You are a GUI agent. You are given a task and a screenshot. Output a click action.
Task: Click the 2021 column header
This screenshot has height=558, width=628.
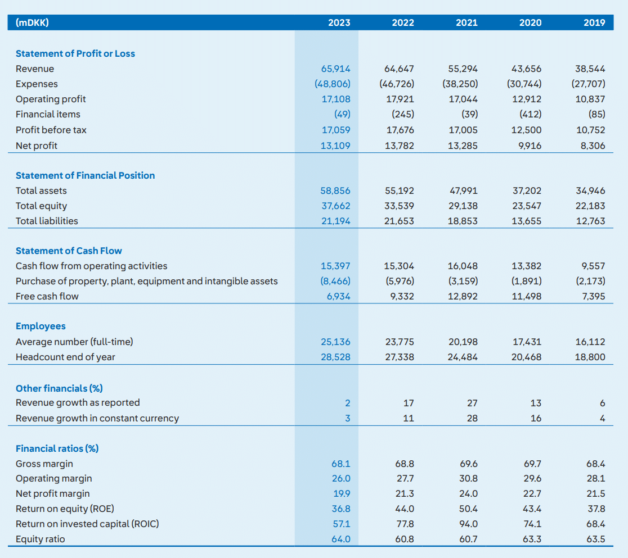[x=466, y=23]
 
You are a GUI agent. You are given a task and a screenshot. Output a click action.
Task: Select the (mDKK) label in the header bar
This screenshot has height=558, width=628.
[x=32, y=22]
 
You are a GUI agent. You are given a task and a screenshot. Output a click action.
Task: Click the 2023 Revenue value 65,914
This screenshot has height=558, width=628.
[x=335, y=69]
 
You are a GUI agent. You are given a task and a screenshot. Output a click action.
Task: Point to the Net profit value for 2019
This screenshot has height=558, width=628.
[x=593, y=146]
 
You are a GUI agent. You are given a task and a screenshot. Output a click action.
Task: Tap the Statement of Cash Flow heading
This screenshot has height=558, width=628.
[x=69, y=251]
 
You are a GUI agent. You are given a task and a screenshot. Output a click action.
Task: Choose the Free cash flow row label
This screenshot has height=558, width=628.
[x=47, y=296]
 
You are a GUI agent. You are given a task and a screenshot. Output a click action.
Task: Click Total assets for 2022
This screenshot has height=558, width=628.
[x=400, y=191]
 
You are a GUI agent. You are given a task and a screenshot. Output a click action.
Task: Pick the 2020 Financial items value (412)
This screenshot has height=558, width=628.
[x=530, y=115]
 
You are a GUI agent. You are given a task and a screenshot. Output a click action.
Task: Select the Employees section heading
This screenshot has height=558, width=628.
[x=41, y=326]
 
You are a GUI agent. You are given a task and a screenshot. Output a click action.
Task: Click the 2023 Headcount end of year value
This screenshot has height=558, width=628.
[x=335, y=357]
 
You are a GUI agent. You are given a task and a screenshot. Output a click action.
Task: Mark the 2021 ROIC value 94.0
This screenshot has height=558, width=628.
[x=469, y=524]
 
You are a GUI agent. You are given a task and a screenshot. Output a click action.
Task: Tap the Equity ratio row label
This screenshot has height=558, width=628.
[x=40, y=539]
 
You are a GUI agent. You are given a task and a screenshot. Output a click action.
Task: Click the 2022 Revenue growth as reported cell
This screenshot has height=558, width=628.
[x=409, y=403]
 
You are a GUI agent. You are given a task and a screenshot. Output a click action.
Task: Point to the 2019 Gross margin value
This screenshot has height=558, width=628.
[x=596, y=464]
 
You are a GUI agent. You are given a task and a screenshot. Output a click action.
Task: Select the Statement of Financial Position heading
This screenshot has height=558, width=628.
[x=85, y=175]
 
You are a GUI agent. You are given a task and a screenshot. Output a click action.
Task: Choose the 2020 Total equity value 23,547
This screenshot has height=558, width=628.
[x=527, y=206]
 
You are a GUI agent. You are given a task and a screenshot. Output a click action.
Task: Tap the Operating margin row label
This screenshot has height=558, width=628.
[x=53, y=479]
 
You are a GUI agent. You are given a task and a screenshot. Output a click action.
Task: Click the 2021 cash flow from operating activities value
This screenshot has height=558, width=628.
[x=463, y=266]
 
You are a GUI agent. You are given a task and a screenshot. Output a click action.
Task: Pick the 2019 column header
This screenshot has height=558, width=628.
[x=594, y=23]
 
